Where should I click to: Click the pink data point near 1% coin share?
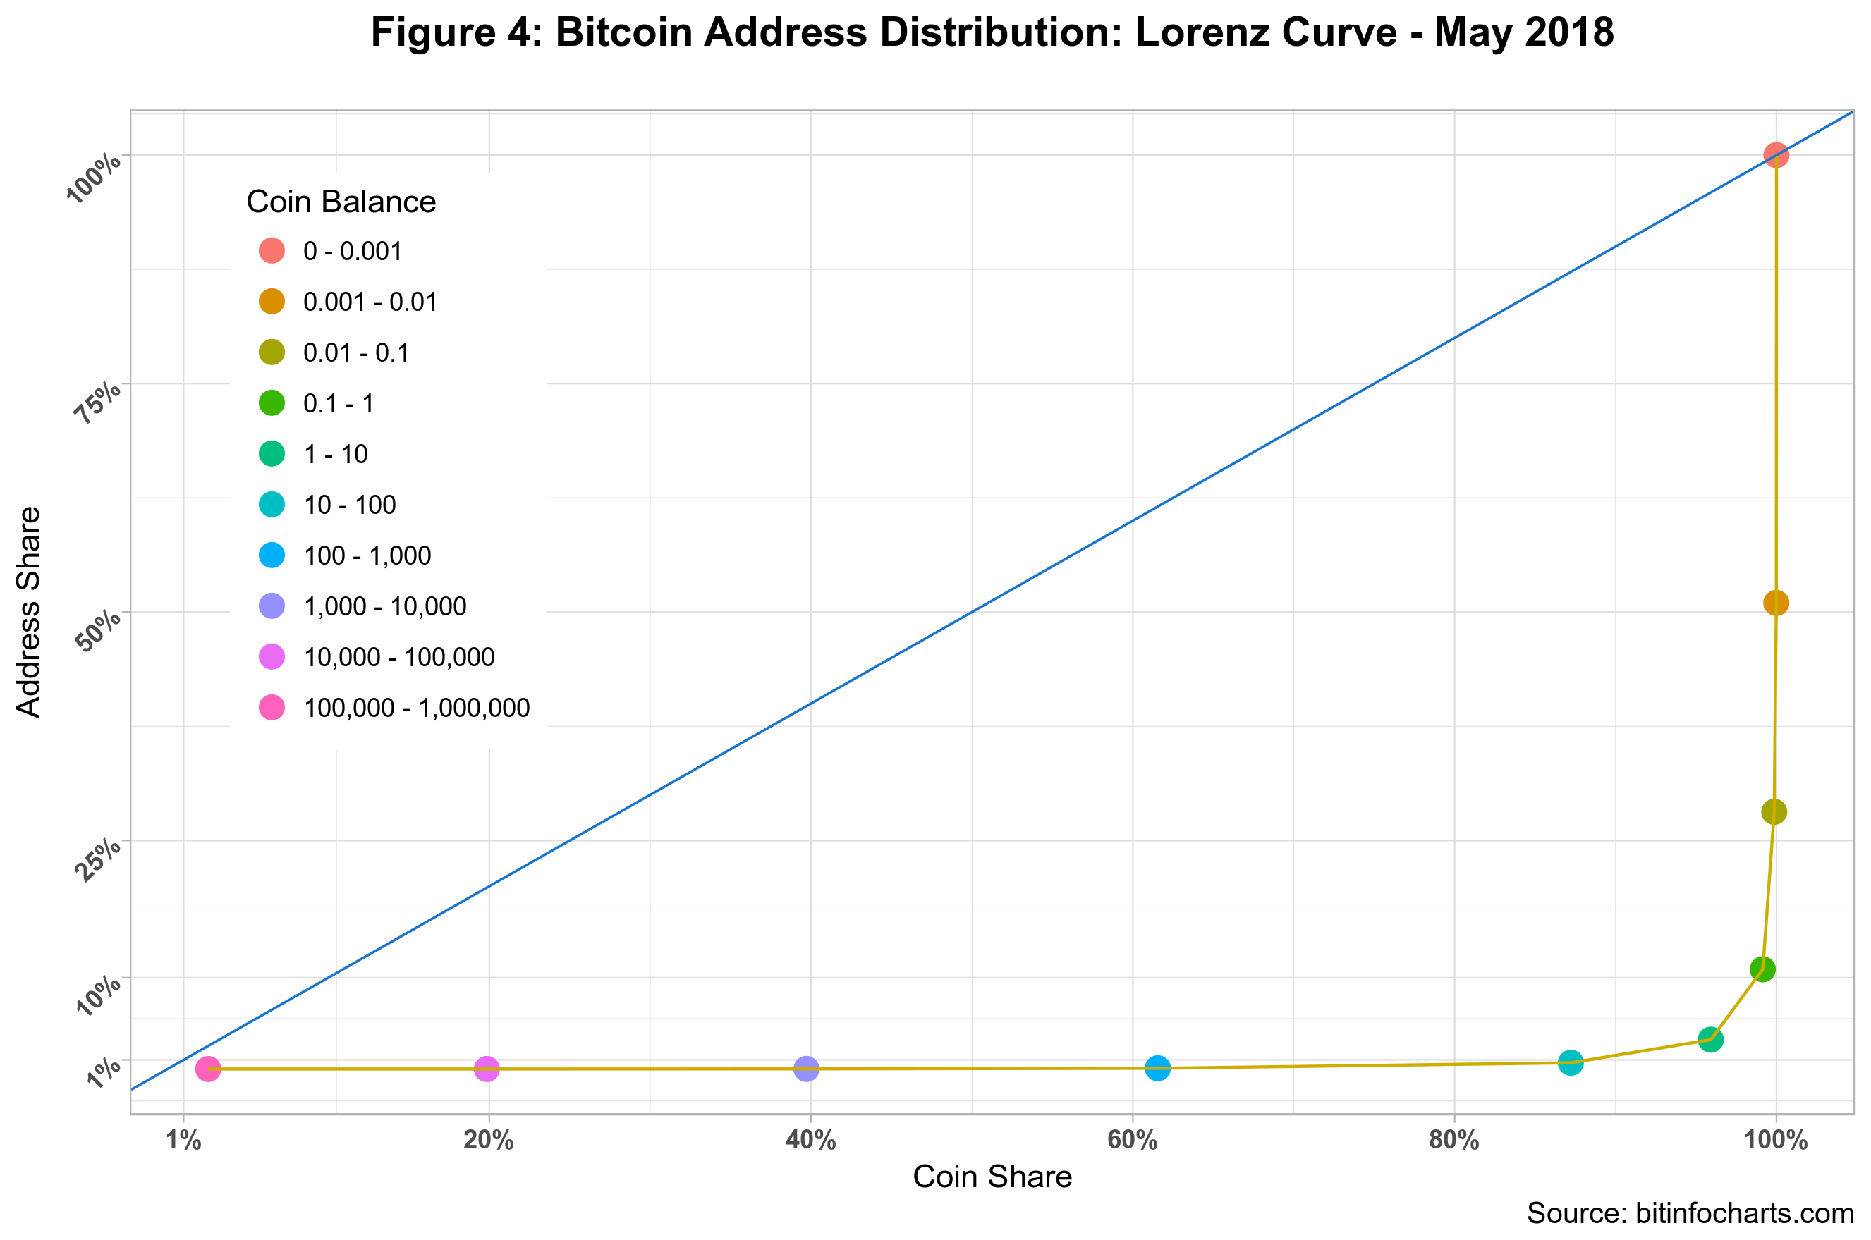[x=207, y=1069]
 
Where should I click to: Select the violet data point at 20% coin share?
[x=487, y=1069]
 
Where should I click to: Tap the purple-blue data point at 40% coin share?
[x=805, y=1069]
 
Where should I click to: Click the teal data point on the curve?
[x=1571, y=1063]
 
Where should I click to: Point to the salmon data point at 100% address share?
[x=1776, y=155]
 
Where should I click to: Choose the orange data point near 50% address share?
[x=1776, y=603]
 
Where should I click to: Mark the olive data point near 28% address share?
[x=1774, y=812]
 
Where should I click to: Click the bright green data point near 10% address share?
[x=1762, y=969]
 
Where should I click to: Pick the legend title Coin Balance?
[x=341, y=202]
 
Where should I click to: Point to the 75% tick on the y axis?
[x=98, y=402]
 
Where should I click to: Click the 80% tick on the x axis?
[x=1454, y=1141]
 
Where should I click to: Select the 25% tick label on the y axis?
[x=98, y=859]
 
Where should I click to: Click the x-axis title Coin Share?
[x=992, y=1177]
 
